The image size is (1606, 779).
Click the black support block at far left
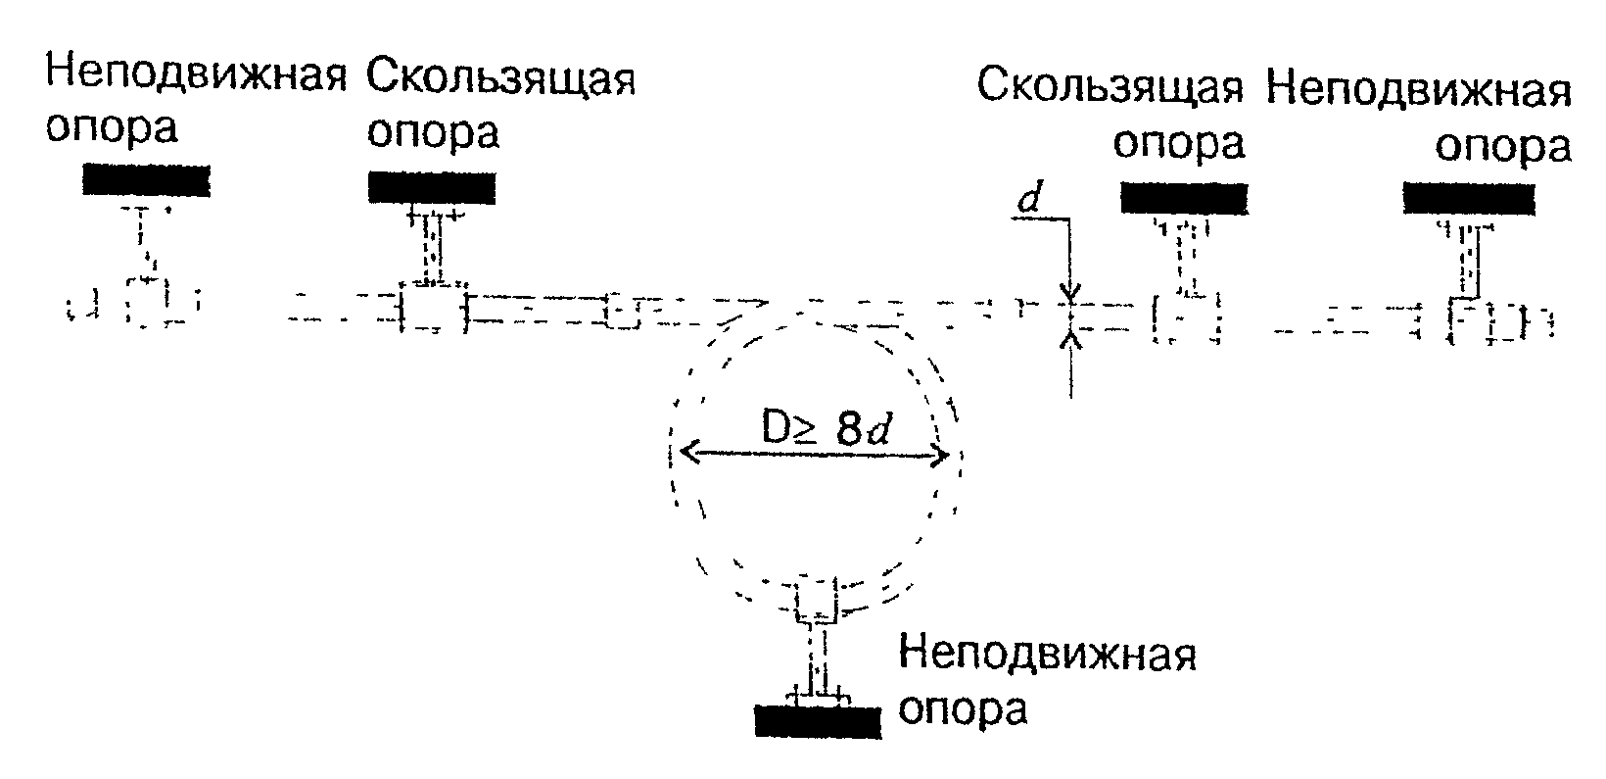[146, 179]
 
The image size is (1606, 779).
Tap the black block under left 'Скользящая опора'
[432, 186]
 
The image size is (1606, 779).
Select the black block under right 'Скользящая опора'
[1183, 198]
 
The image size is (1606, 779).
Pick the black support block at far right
[1468, 198]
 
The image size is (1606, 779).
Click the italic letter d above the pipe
[1028, 202]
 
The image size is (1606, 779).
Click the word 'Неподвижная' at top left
[197, 74]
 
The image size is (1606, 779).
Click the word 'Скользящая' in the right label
[1110, 87]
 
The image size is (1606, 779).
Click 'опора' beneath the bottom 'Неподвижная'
[963, 707]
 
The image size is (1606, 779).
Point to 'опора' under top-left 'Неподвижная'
[112, 128]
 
